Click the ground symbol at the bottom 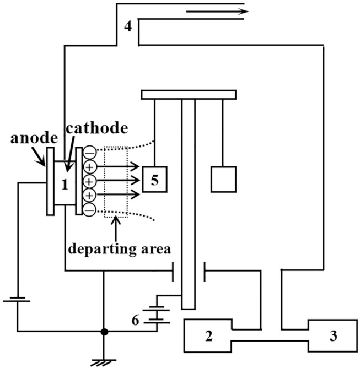tap(103, 361)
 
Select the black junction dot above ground tap(103, 332)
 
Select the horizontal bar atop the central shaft tap(189, 95)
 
